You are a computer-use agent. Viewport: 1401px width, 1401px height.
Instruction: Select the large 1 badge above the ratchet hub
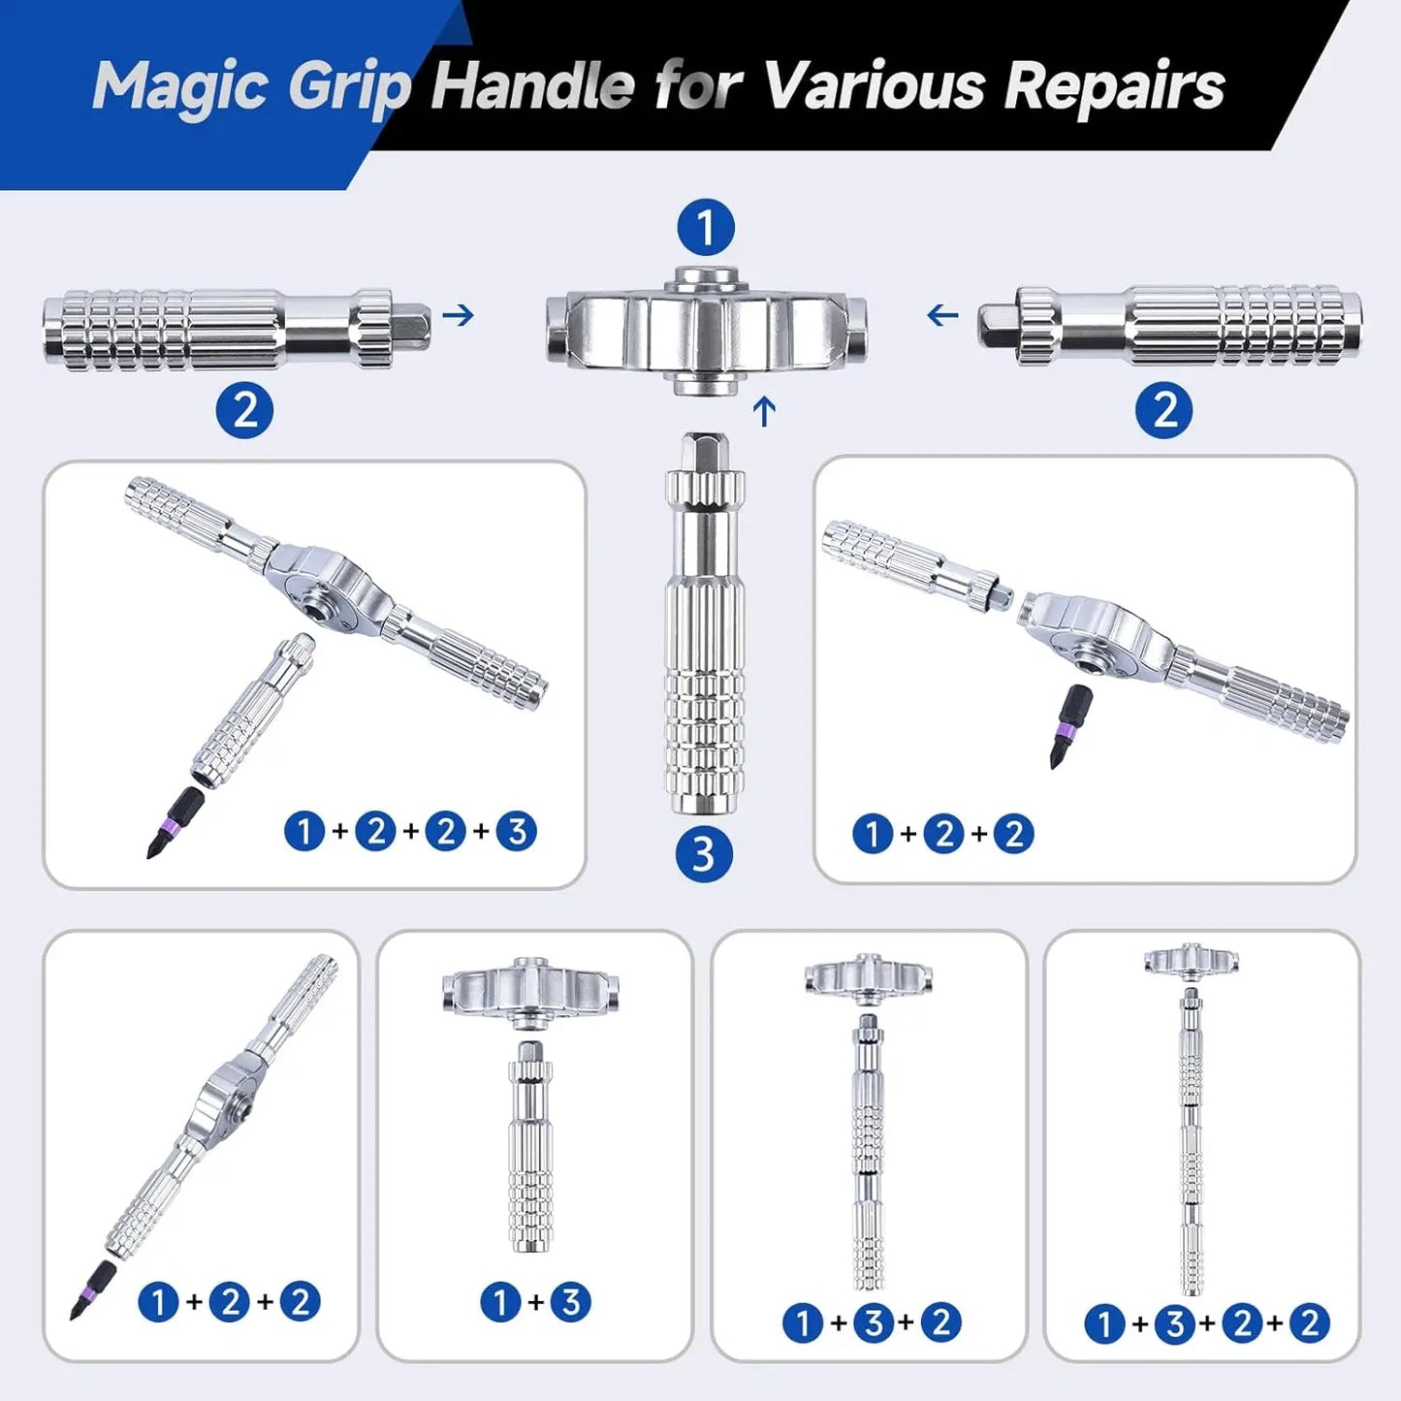(706, 228)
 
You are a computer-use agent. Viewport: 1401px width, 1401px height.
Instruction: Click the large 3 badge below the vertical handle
(703, 854)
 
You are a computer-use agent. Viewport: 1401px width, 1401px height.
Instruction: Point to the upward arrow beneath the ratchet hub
(764, 411)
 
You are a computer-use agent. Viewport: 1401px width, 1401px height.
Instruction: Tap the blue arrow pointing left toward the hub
(941, 315)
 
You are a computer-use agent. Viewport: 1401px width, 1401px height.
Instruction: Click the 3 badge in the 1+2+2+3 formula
(516, 832)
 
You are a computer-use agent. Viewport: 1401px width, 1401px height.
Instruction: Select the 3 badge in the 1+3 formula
(571, 1302)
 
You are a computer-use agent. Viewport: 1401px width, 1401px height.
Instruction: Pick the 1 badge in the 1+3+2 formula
(802, 1322)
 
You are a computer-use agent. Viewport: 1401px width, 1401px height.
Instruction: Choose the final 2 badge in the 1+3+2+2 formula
(1309, 1322)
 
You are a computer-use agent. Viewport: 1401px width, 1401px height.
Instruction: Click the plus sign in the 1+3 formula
(535, 1302)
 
